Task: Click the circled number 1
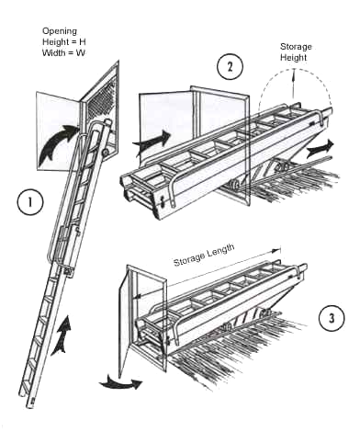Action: [30, 202]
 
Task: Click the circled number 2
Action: [230, 67]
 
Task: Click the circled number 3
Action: [332, 318]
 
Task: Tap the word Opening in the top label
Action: [60, 31]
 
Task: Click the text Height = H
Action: [64, 41]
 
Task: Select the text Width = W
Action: [63, 52]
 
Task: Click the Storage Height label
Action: [296, 52]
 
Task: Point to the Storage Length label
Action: [204, 256]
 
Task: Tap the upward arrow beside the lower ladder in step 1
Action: [62, 336]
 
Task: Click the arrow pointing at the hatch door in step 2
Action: [152, 142]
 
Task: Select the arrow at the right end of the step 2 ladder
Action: [320, 148]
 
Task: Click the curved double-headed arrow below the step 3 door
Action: [120, 384]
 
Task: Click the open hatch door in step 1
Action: [58, 131]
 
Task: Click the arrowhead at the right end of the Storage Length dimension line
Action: [277, 251]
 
